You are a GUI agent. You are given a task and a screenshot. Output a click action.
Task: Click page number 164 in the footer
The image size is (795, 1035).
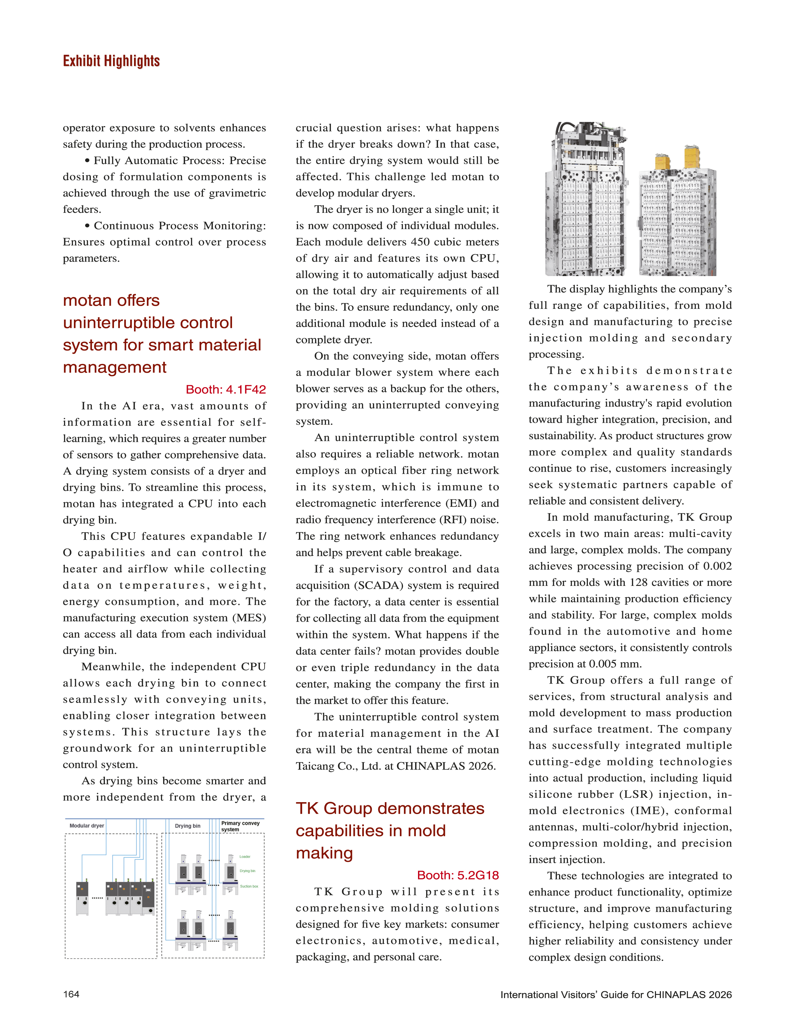point(71,994)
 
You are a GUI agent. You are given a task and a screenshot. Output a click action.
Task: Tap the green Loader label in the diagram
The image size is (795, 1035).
point(245,857)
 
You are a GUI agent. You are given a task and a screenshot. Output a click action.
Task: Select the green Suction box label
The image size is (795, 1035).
point(249,886)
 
